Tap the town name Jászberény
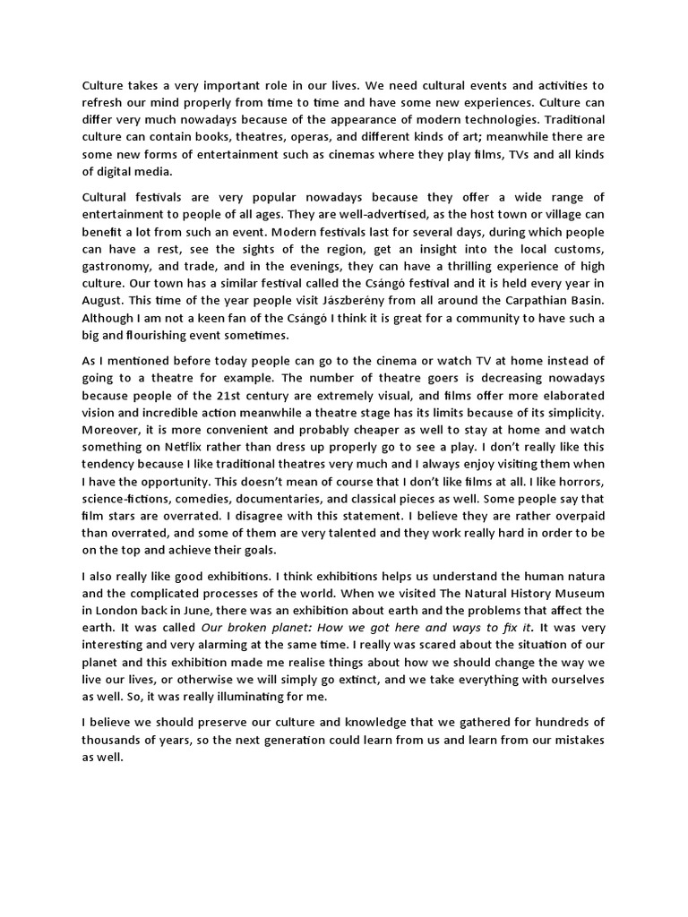[319, 291]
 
